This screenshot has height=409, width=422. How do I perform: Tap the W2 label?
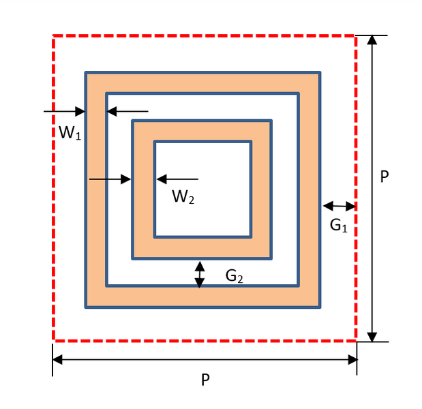point(183,197)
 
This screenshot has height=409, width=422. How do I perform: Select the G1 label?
point(339,225)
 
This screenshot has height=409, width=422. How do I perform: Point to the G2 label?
point(235,276)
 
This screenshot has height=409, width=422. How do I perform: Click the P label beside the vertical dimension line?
point(385,177)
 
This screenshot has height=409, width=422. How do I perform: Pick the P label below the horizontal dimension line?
point(205,380)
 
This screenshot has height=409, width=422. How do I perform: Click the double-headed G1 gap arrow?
point(339,206)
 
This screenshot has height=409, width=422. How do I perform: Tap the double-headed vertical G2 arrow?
point(199,275)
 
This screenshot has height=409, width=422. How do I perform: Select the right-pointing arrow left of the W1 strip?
point(64,111)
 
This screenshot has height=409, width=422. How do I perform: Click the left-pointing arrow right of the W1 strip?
point(127,111)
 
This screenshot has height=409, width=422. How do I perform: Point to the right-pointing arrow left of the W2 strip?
point(110,179)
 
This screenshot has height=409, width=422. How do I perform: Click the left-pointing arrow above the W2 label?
point(177,179)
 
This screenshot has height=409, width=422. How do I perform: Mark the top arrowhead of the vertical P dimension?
point(372,40)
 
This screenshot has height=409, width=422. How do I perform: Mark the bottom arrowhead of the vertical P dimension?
point(372,337)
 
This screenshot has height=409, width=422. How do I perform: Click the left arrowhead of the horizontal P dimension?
point(57,359)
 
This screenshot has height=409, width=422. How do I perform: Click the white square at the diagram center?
point(202,189)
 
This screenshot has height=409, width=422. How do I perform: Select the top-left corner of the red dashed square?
point(54,36)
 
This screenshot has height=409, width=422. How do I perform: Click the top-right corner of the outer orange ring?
point(320,72)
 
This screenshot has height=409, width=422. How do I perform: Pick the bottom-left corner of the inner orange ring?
point(133,258)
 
